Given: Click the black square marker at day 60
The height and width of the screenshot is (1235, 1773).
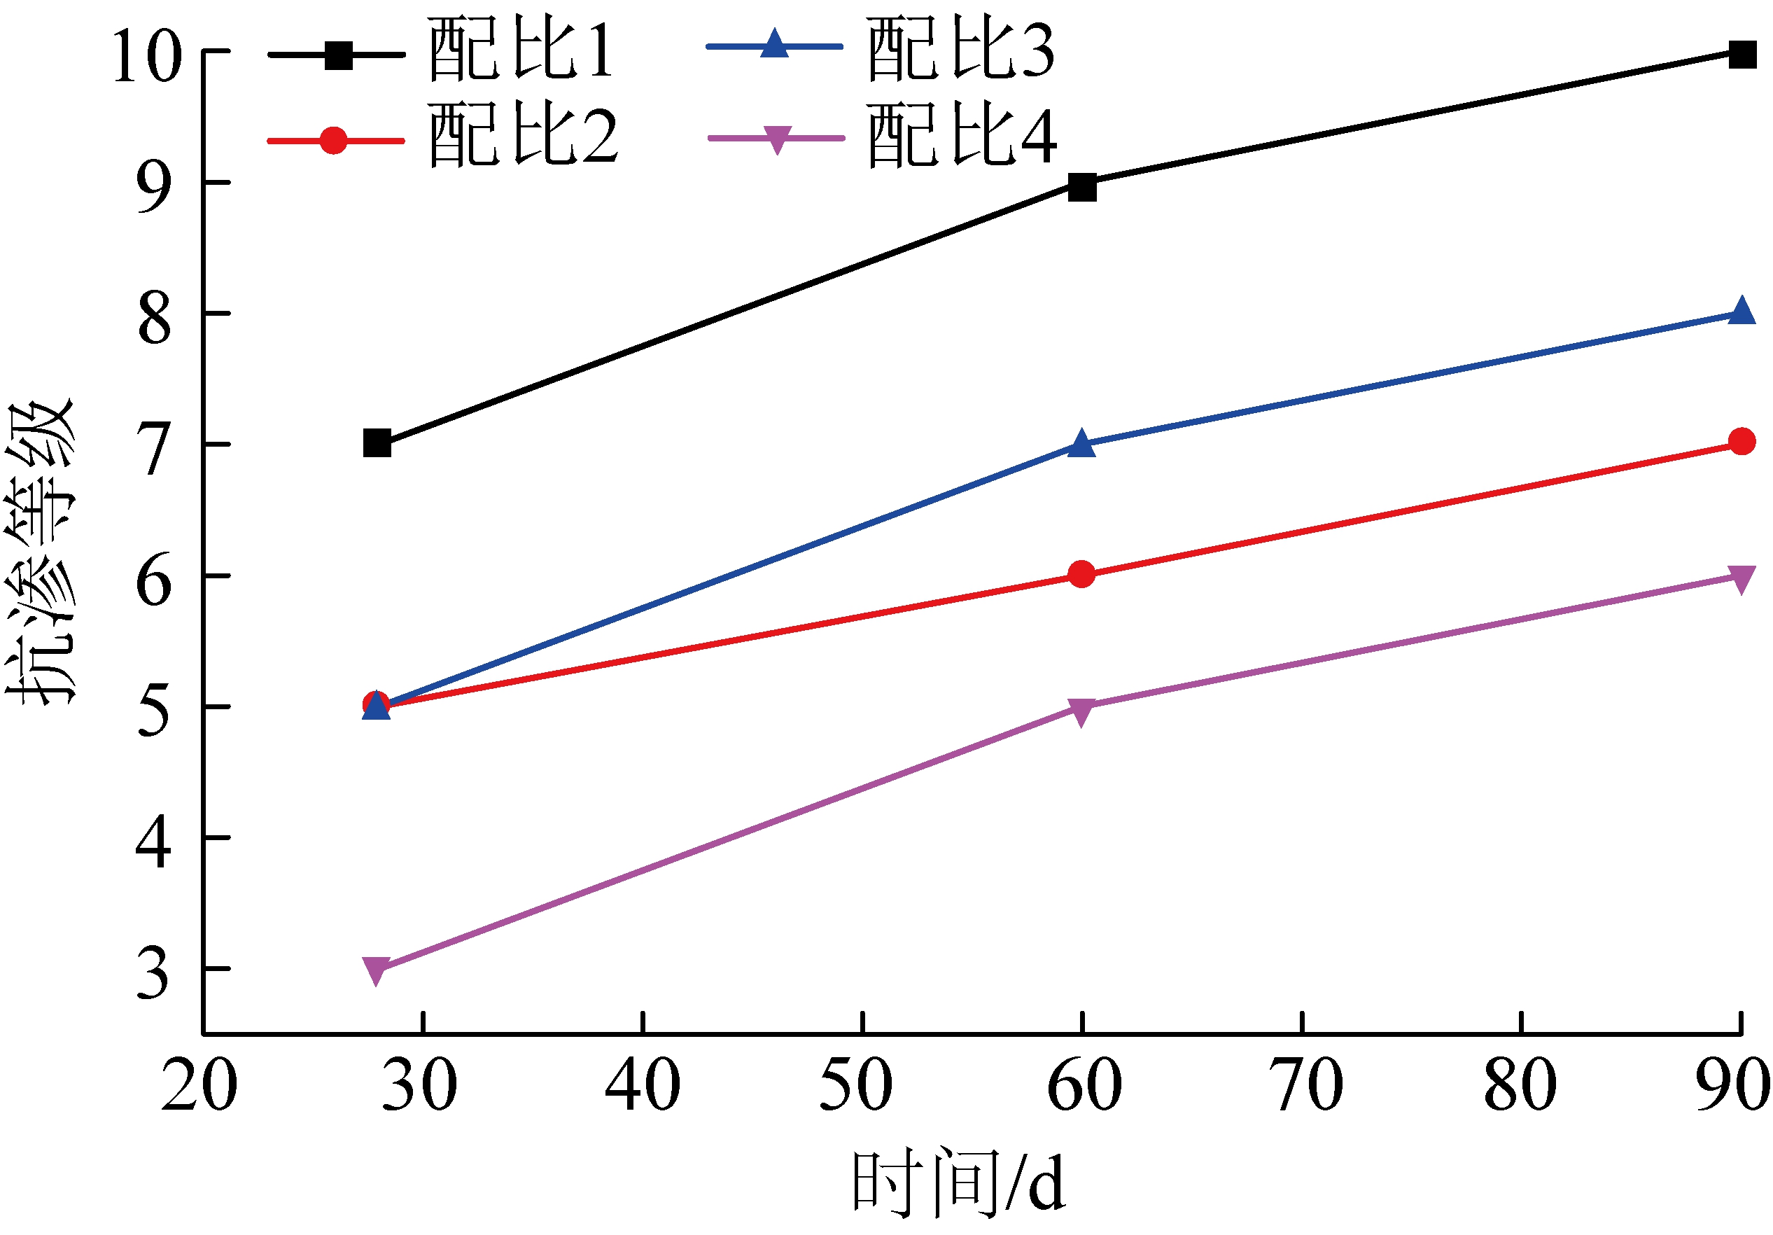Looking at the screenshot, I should (1082, 186).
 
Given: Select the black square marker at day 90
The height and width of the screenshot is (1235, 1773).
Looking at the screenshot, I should (1742, 54).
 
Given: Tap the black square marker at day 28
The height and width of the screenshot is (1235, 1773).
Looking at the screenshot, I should (377, 443).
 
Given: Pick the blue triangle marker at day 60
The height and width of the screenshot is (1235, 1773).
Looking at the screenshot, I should (1082, 444).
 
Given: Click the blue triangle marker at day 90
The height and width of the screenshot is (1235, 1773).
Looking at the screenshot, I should (1742, 312).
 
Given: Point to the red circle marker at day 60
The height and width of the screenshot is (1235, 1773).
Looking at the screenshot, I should (1082, 574).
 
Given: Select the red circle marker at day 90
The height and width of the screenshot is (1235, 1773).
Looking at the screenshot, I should (1742, 441).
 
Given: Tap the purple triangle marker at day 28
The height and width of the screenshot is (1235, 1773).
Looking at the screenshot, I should (377, 970).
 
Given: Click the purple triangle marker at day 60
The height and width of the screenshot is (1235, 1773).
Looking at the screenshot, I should (1082, 711).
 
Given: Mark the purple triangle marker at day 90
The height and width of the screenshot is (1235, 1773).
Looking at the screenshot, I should (1742, 579).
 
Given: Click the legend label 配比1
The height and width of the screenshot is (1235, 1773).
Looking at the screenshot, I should (521, 50).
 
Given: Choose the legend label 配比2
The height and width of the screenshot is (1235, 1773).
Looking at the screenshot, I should (523, 137).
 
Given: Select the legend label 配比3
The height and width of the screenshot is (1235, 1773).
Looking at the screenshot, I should (960, 50).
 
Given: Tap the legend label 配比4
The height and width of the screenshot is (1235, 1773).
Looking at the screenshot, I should (962, 137).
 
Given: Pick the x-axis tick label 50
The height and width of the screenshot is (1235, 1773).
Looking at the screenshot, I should (855, 1084).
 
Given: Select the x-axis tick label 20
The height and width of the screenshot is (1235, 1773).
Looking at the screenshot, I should (199, 1084).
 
